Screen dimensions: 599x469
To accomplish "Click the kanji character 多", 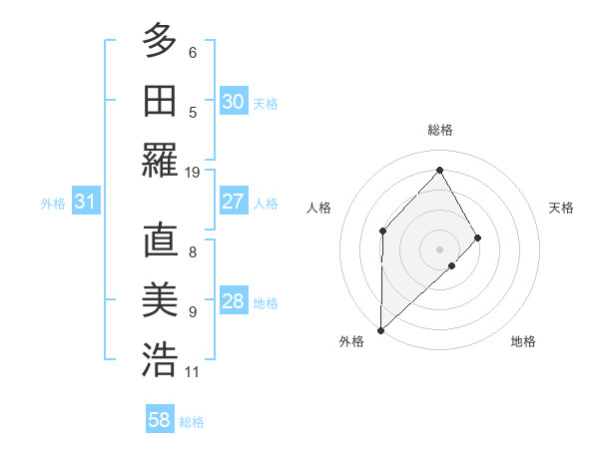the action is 160,42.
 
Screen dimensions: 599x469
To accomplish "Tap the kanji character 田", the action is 160,100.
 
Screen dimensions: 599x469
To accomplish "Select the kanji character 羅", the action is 160,160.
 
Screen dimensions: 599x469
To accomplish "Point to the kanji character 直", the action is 160,240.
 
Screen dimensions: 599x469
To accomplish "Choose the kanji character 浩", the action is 160,359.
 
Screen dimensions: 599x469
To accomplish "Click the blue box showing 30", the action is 234,102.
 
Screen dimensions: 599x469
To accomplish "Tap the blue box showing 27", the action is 234,202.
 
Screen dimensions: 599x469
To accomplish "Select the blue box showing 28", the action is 234,301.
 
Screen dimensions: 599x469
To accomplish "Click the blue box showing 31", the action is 86,203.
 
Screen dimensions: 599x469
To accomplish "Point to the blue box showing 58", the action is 160,420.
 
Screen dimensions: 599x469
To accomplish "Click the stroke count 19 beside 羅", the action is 193,172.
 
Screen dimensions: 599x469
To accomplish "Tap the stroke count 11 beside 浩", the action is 193,372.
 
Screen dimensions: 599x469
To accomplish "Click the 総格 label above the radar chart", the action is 439,130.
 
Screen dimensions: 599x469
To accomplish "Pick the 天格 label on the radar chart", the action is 562,208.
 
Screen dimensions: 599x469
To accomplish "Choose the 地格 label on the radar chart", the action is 523,341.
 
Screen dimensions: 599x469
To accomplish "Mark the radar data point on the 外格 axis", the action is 380,329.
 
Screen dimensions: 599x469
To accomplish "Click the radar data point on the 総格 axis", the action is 439,170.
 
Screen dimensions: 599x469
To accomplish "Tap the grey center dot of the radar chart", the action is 439,247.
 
